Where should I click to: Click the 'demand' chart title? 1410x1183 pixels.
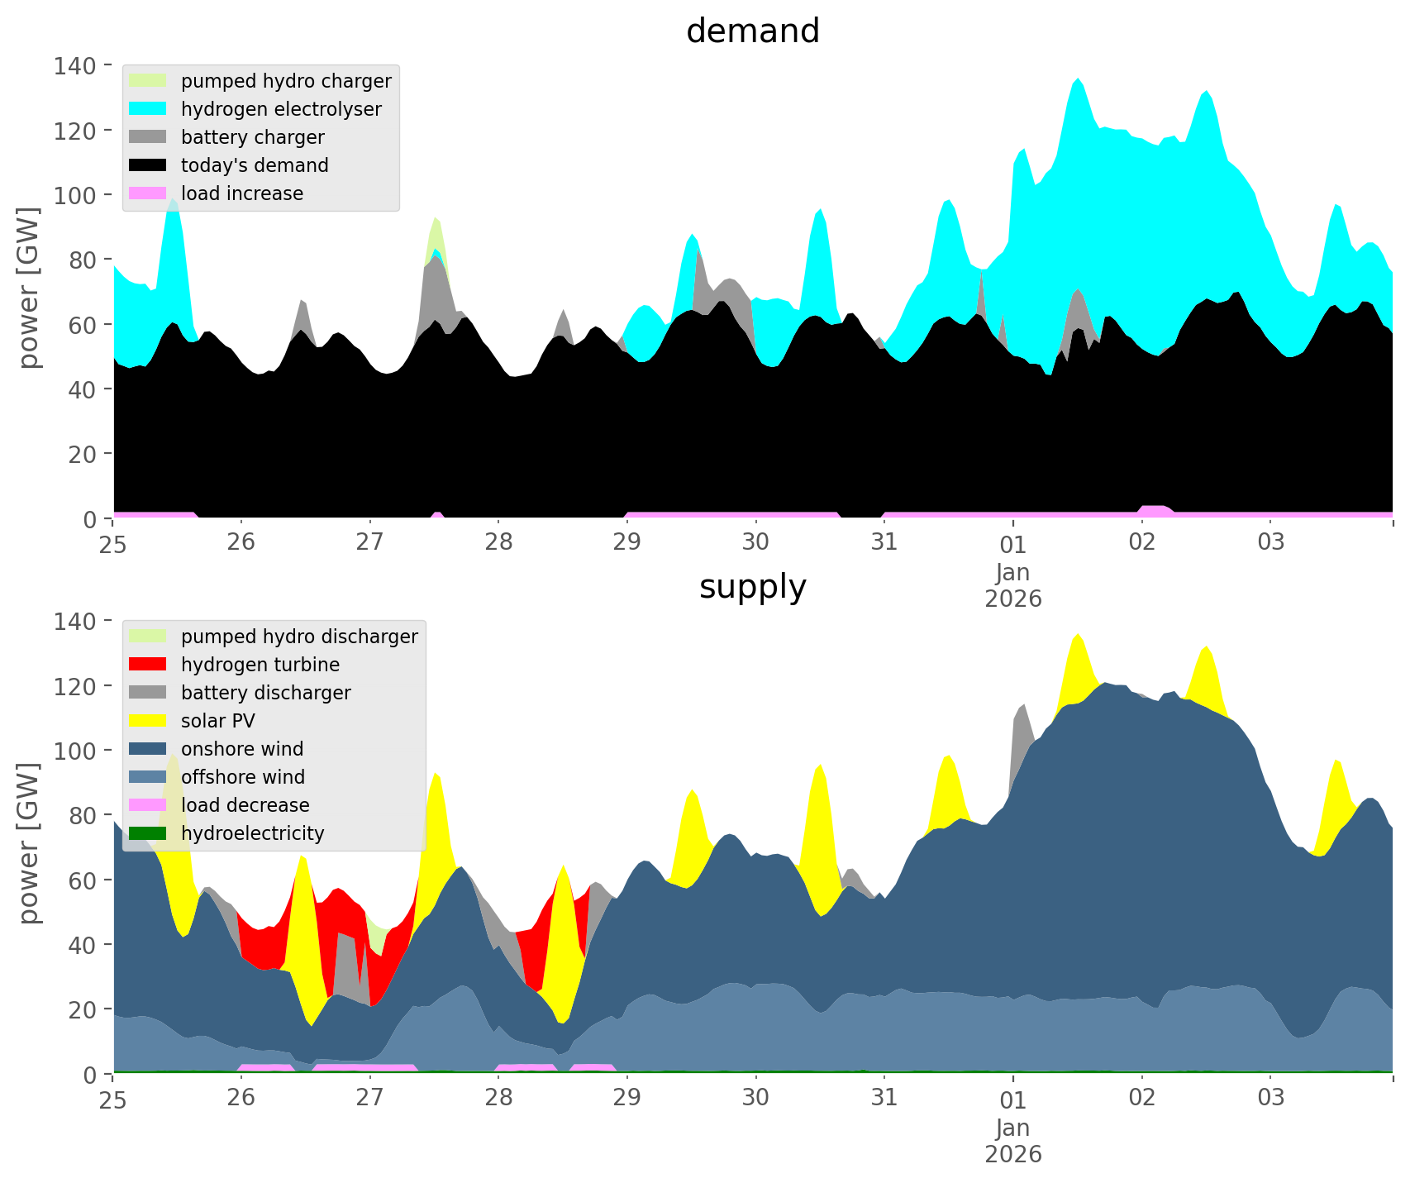coord(752,31)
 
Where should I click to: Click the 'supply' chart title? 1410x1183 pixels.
coord(752,587)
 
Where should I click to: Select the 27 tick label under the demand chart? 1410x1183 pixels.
coord(369,543)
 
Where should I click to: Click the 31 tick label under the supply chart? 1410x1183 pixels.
coord(884,1099)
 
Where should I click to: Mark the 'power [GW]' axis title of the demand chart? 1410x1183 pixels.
coord(29,287)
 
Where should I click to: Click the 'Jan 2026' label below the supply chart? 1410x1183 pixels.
coord(1012,1141)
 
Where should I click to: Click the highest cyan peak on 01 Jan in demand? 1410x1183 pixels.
coord(1078,81)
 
